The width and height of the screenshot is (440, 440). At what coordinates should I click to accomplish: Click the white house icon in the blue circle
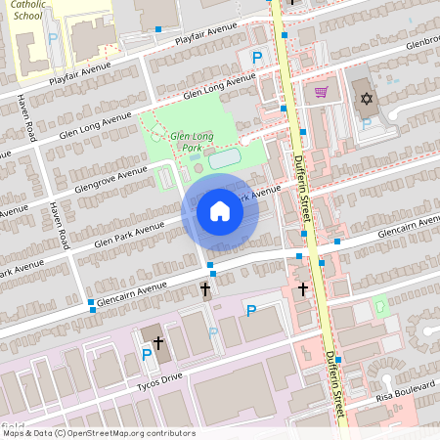point(220,210)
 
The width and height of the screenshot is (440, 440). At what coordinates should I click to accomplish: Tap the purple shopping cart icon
point(321,93)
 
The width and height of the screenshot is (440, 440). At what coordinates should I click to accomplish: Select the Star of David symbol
point(368,99)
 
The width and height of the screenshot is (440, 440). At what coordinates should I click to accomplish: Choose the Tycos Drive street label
point(158,377)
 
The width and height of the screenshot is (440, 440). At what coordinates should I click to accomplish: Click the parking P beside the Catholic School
point(53,38)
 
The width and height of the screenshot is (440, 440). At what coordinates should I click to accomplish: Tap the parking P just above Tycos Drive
point(146,355)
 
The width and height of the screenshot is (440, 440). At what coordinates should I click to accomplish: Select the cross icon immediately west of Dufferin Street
point(302,289)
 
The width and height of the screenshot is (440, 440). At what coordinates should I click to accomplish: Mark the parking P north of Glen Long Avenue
point(257,58)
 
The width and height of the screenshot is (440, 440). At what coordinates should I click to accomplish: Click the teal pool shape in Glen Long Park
point(224,157)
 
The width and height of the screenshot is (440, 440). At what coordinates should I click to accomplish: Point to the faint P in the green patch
point(379,306)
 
